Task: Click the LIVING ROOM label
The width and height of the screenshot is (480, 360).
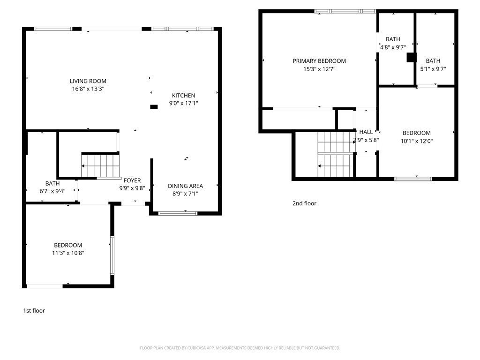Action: point(88,81)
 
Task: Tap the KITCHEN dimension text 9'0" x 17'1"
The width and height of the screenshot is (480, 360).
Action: point(184,103)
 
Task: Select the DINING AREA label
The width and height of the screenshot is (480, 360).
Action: point(185,186)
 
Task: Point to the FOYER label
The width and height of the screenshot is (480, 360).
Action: point(132,180)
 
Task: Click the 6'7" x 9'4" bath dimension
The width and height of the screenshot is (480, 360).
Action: point(52,191)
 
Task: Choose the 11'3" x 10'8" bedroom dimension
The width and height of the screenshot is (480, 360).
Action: point(68,253)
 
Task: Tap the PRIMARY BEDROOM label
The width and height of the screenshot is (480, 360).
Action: point(319,61)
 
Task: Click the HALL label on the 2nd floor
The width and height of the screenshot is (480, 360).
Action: point(366,132)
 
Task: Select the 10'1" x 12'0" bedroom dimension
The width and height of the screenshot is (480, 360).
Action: point(417,141)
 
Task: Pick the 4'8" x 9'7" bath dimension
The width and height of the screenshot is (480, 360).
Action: point(393,47)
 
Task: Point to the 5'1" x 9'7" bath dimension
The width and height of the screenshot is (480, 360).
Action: point(433,69)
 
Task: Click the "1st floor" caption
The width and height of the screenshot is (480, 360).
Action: point(34,311)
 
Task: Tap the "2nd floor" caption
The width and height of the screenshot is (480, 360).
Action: point(304,203)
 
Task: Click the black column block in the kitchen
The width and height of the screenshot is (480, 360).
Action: point(154,107)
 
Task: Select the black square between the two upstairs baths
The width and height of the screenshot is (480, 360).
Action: point(412,58)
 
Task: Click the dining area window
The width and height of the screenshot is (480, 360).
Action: point(178,213)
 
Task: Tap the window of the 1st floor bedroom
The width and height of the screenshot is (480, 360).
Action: point(112,255)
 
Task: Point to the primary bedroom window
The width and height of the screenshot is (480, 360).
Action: point(345,11)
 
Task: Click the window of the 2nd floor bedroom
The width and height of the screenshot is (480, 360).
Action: point(413,179)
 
